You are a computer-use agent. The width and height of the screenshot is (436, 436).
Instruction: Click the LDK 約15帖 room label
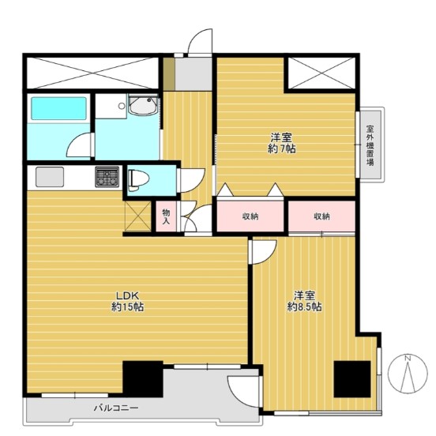[128, 301]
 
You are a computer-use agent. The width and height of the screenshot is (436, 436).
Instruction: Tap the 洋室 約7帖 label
[281, 143]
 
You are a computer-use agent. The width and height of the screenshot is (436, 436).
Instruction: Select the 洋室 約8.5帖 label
[304, 301]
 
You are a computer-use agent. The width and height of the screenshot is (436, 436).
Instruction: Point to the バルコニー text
[115, 408]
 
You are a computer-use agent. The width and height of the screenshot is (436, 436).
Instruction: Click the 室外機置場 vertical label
[370, 145]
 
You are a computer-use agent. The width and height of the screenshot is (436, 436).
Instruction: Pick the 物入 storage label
[166, 217]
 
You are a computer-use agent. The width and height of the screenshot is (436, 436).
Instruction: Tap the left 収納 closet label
[250, 216]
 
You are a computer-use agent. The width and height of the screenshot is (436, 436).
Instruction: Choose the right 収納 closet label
[322, 216]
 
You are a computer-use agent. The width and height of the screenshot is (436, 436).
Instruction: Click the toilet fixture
[138, 180]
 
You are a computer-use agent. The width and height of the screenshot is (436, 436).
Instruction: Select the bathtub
[58, 108]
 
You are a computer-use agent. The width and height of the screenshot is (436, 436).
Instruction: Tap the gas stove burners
[107, 177]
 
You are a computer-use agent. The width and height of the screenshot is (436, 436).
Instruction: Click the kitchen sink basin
[50, 177]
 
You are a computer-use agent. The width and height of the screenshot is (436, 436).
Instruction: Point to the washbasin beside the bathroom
[143, 105]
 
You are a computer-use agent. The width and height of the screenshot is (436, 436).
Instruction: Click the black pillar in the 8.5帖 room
[352, 379]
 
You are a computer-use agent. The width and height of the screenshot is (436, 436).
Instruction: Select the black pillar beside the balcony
[143, 379]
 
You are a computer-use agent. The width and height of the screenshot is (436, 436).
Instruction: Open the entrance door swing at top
[200, 42]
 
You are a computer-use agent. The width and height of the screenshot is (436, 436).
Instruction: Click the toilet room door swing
[192, 180]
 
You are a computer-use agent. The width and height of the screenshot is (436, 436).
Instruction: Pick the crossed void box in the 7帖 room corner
[321, 73]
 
